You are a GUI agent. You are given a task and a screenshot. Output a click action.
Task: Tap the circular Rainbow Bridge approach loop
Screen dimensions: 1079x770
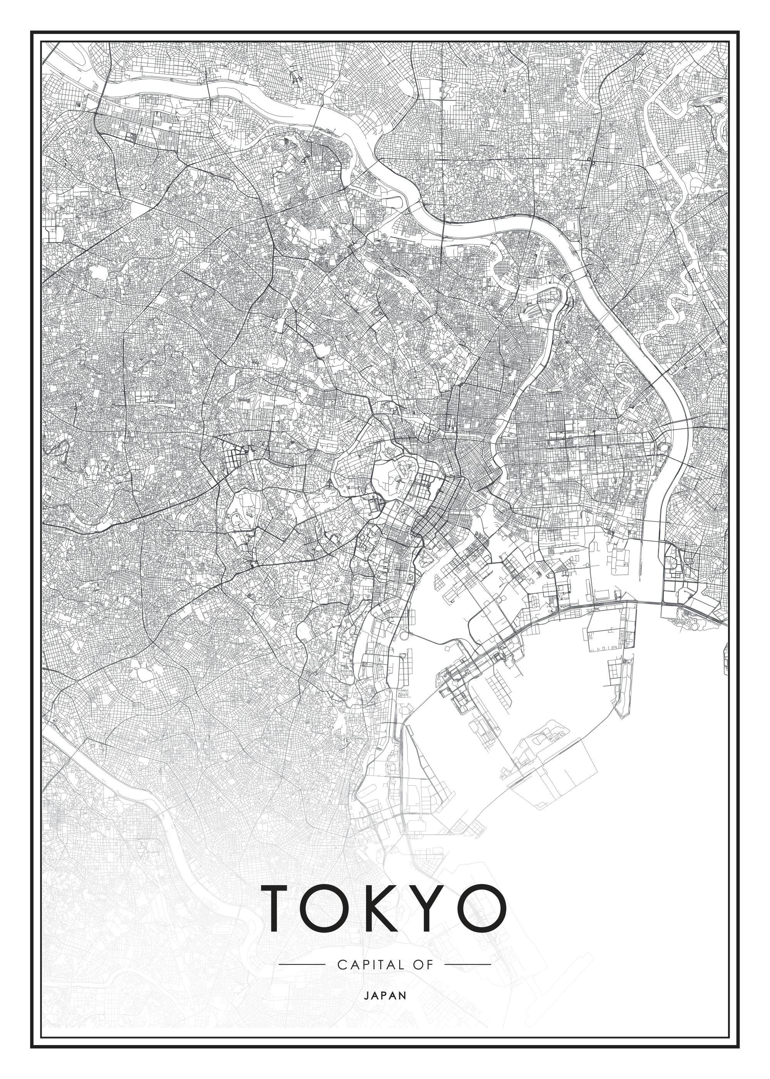(x=403, y=636)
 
